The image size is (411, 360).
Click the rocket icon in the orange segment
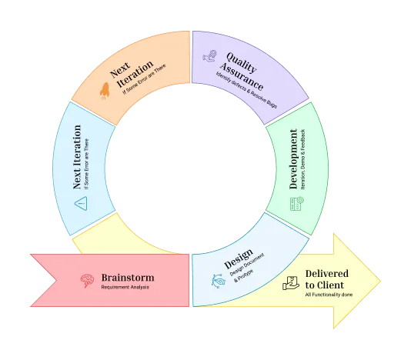coord(105,92)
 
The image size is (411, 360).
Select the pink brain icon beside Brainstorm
coord(88,281)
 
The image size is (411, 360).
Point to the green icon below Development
coord(296,204)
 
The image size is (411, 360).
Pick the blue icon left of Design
coord(218,281)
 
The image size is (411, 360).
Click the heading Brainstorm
coord(128,277)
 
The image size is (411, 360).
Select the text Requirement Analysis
coord(125,288)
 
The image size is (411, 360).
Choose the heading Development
coord(293,159)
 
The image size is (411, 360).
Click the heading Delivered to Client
coord(326,278)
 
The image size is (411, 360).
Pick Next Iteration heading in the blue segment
coord(77,157)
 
